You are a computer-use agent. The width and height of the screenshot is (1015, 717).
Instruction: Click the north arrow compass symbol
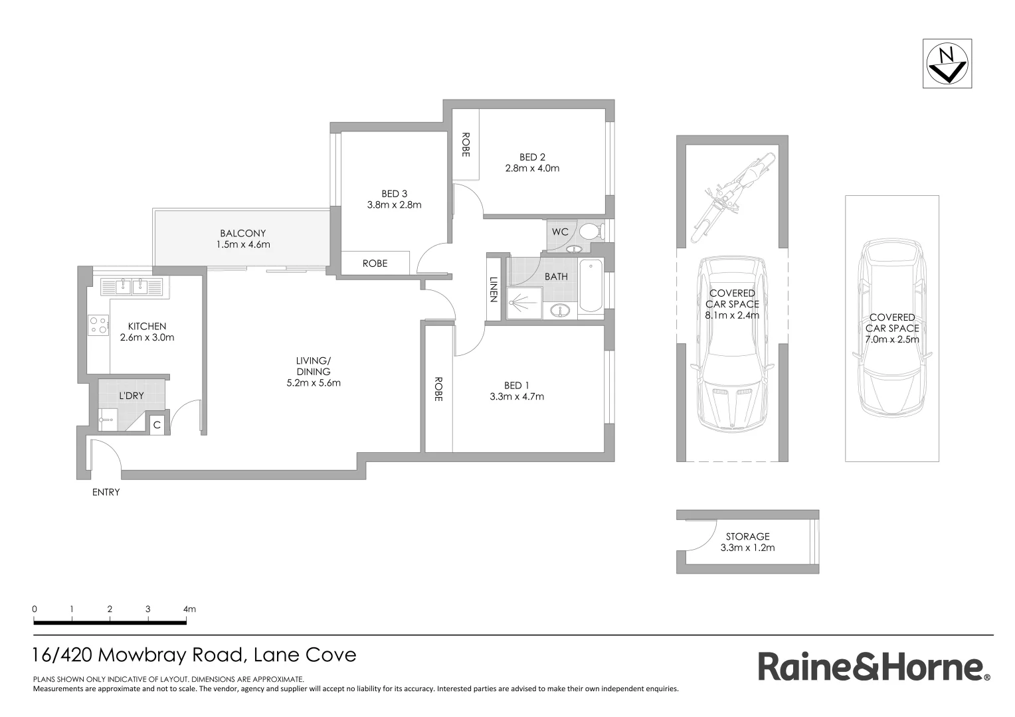pyautogui.click(x=947, y=64)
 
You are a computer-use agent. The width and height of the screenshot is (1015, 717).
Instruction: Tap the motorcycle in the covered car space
pyautogui.click(x=735, y=192)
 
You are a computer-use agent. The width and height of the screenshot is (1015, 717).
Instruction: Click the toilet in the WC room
pyautogui.click(x=589, y=232)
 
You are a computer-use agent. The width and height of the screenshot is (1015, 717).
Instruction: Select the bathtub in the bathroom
pyautogui.click(x=590, y=287)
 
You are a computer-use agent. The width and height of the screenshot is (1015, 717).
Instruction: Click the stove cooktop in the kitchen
pyautogui.click(x=98, y=325)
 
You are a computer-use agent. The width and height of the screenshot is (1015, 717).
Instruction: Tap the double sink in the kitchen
pyautogui.click(x=132, y=287)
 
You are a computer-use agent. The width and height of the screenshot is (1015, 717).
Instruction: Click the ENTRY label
pyautogui.click(x=106, y=492)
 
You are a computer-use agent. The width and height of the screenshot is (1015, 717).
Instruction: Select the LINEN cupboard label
pyautogui.click(x=494, y=289)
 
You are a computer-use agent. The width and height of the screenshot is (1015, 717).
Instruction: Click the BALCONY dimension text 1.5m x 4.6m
pyautogui.click(x=243, y=244)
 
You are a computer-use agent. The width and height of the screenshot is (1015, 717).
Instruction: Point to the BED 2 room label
pyautogui.click(x=532, y=157)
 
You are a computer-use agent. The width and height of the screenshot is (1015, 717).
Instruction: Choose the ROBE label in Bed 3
pyautogui.click(x=375, y=264)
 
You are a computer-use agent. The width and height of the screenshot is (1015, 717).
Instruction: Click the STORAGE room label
pyautogui.click(x=747, y=536)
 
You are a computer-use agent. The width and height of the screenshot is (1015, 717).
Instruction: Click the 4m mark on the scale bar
pyautogui.click(x=189, y=609)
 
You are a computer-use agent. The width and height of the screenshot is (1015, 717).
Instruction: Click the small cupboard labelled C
pyautogui.click(x=157, y=425)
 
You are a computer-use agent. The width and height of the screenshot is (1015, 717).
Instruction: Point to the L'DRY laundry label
pyautogui.click(x=132, y=396)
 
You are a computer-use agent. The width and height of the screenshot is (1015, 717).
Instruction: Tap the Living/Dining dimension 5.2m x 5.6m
pyautogui.click(x=313, y=382)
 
